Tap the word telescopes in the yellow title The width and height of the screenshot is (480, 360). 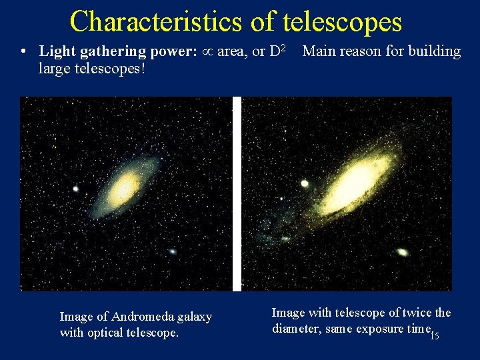point(343,21)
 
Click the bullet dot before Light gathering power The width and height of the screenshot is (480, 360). point(23,52)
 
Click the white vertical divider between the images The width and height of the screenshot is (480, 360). point(237,193)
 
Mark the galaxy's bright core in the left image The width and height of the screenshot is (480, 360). point(125,189)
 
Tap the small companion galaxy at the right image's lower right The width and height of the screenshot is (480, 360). point(402,252)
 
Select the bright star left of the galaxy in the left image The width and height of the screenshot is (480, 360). point(76,189)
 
